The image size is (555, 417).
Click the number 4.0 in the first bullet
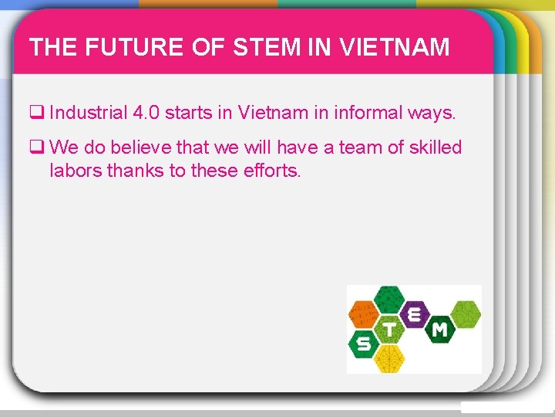coord(146,114)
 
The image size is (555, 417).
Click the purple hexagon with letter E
coord(415,314)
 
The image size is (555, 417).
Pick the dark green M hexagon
coord(439,330)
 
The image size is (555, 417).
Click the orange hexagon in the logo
coord(365,314)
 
